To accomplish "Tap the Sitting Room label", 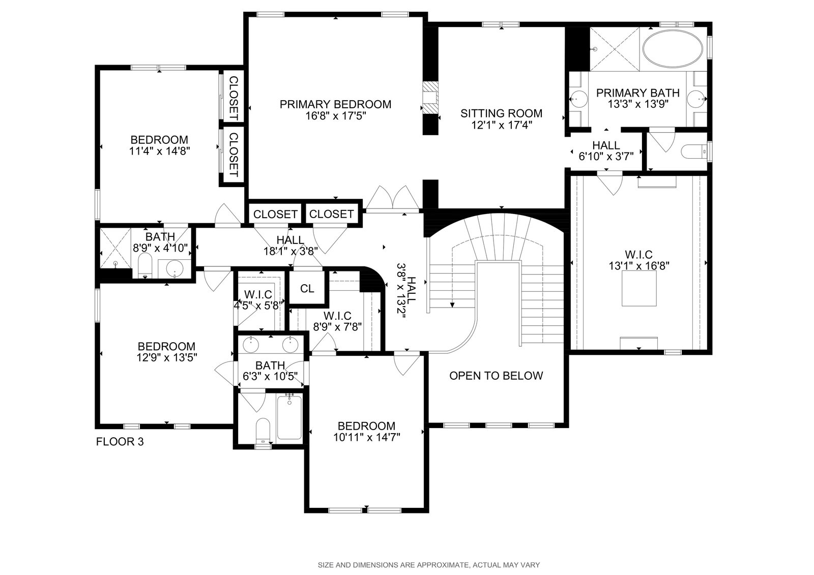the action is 502,113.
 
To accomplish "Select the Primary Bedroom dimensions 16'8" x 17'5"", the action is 335,116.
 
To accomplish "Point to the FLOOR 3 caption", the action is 120,442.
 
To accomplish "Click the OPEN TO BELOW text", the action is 496,376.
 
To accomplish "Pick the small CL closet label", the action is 307,289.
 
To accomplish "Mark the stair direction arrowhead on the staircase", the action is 452,305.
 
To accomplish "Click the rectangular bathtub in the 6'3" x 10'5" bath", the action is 289,417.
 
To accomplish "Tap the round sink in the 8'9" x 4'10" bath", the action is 175,268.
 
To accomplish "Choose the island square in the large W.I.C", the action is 639,288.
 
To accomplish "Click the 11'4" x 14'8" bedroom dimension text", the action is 160,152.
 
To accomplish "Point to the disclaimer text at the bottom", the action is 429,565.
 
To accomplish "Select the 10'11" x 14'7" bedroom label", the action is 367,432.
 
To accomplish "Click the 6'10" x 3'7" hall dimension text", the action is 606,157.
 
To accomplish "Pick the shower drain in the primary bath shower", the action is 595,49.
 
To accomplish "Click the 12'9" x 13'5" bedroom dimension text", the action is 167,358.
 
